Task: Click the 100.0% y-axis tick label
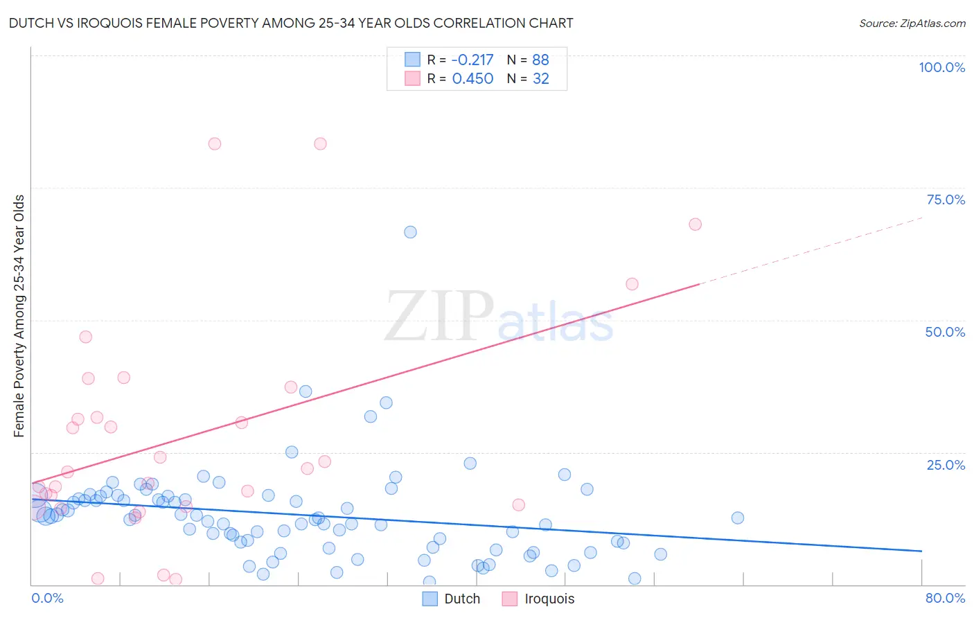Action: pos(941,67)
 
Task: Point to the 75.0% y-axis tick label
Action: pos(946,200)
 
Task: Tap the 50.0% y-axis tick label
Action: pos(945,332)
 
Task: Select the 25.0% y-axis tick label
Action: pos(946,465)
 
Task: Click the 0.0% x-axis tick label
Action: pos(47,598)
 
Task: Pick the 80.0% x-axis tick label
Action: pos(945,598)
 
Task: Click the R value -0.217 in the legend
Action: pos(472,60)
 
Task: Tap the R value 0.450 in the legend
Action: pos(472,79)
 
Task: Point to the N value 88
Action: pos(540,60)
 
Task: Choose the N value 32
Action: pos(540,79)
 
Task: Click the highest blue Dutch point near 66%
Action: pos(410,232)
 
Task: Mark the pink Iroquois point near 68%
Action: pos(695,224)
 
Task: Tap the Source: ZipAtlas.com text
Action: pos(912,23)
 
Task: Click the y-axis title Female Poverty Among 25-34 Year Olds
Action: pos(19,316)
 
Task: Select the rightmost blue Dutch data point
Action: pos(737,518)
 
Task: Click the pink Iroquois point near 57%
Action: pos(632,284)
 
